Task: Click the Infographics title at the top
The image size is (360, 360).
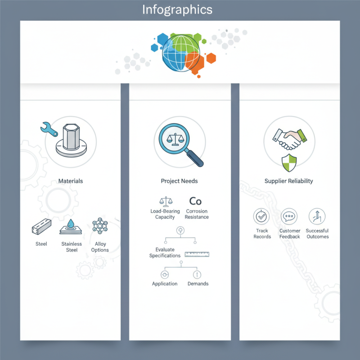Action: click(x=177, y=10)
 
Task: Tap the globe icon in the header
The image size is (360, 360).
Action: click(x=181, y=53)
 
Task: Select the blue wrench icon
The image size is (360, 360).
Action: click(x=49, y=129)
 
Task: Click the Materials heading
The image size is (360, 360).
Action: click(x=71, y=181)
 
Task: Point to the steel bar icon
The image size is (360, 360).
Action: click(x=41, y=227)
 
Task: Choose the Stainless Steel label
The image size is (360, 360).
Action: click(x=72, y=247)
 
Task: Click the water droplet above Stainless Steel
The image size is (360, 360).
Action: click(x=71, y=223)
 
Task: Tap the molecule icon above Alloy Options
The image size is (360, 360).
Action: click(x=100, y=226)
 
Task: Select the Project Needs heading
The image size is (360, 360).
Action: click(x=179, y=181)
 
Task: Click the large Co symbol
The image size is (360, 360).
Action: click(x=195, y=201)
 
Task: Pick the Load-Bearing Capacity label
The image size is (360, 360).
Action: click(x=165, y=214)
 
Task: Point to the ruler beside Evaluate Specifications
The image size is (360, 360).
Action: click(x=197, y=254)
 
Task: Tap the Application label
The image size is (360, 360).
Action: click(x=165, y=284)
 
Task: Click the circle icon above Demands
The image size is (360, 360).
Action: click(x=197, y=274)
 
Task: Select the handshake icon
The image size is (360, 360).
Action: click(x=290, y=139)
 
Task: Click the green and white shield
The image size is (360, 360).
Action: click(x=289, y=163)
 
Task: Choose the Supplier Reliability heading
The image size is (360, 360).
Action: click(x=288, y=181)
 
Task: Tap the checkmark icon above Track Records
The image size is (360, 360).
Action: click(x=261, y=216)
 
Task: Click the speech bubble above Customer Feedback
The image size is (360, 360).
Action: click(x=289, y=216)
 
